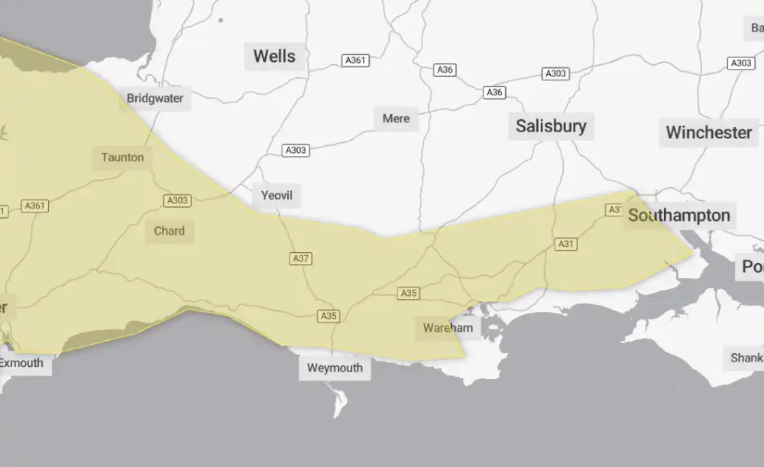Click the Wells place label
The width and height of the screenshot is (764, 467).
point(274,57)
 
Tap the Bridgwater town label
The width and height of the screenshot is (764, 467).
point(155,99)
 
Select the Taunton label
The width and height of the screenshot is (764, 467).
point(122,157)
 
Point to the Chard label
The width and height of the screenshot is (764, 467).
point(169,231)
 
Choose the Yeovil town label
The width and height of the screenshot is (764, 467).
point(277,196)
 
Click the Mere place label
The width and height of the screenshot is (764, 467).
point(396,118)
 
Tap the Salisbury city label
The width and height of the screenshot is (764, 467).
point(551,126)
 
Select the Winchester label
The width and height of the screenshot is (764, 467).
point(708,132)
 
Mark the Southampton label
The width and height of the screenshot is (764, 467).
point(678,216)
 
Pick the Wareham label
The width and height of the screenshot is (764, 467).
point(448,328)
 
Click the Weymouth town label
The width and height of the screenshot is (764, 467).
point(335,368)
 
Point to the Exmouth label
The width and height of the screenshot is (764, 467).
point(21,363)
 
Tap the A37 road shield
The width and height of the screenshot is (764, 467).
point(301,259)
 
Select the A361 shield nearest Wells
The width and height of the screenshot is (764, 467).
point(355,60)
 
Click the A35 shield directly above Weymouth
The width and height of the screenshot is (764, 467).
point(329,316)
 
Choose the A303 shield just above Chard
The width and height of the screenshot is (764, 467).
point(176,201)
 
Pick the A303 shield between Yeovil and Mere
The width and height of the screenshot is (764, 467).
point(296,151)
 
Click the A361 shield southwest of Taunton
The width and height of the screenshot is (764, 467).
point(34,206)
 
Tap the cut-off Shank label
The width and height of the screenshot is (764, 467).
point(745,358)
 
